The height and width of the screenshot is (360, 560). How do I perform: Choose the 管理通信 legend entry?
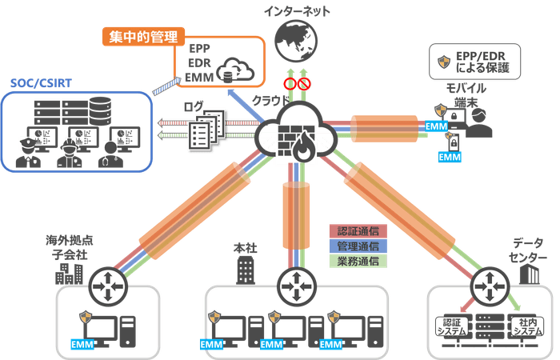(358, 246)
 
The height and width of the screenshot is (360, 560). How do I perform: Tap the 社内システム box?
(524, 326)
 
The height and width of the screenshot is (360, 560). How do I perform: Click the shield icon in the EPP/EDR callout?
(442, 62)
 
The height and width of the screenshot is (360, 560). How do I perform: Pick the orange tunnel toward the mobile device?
(382, 127)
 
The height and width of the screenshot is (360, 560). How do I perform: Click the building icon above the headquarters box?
(246, 269)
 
